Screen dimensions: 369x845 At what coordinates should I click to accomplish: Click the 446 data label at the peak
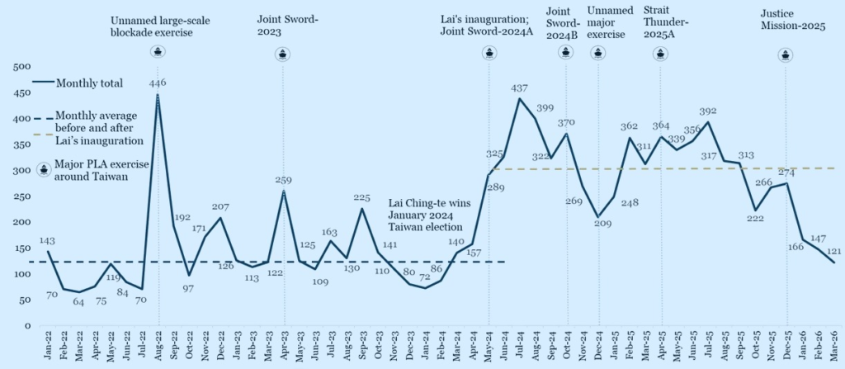158,83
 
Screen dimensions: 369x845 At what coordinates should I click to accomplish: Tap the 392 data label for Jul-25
708,111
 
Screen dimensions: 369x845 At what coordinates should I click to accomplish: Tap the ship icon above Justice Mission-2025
786,54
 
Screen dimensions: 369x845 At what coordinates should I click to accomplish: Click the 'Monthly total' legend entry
88,83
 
